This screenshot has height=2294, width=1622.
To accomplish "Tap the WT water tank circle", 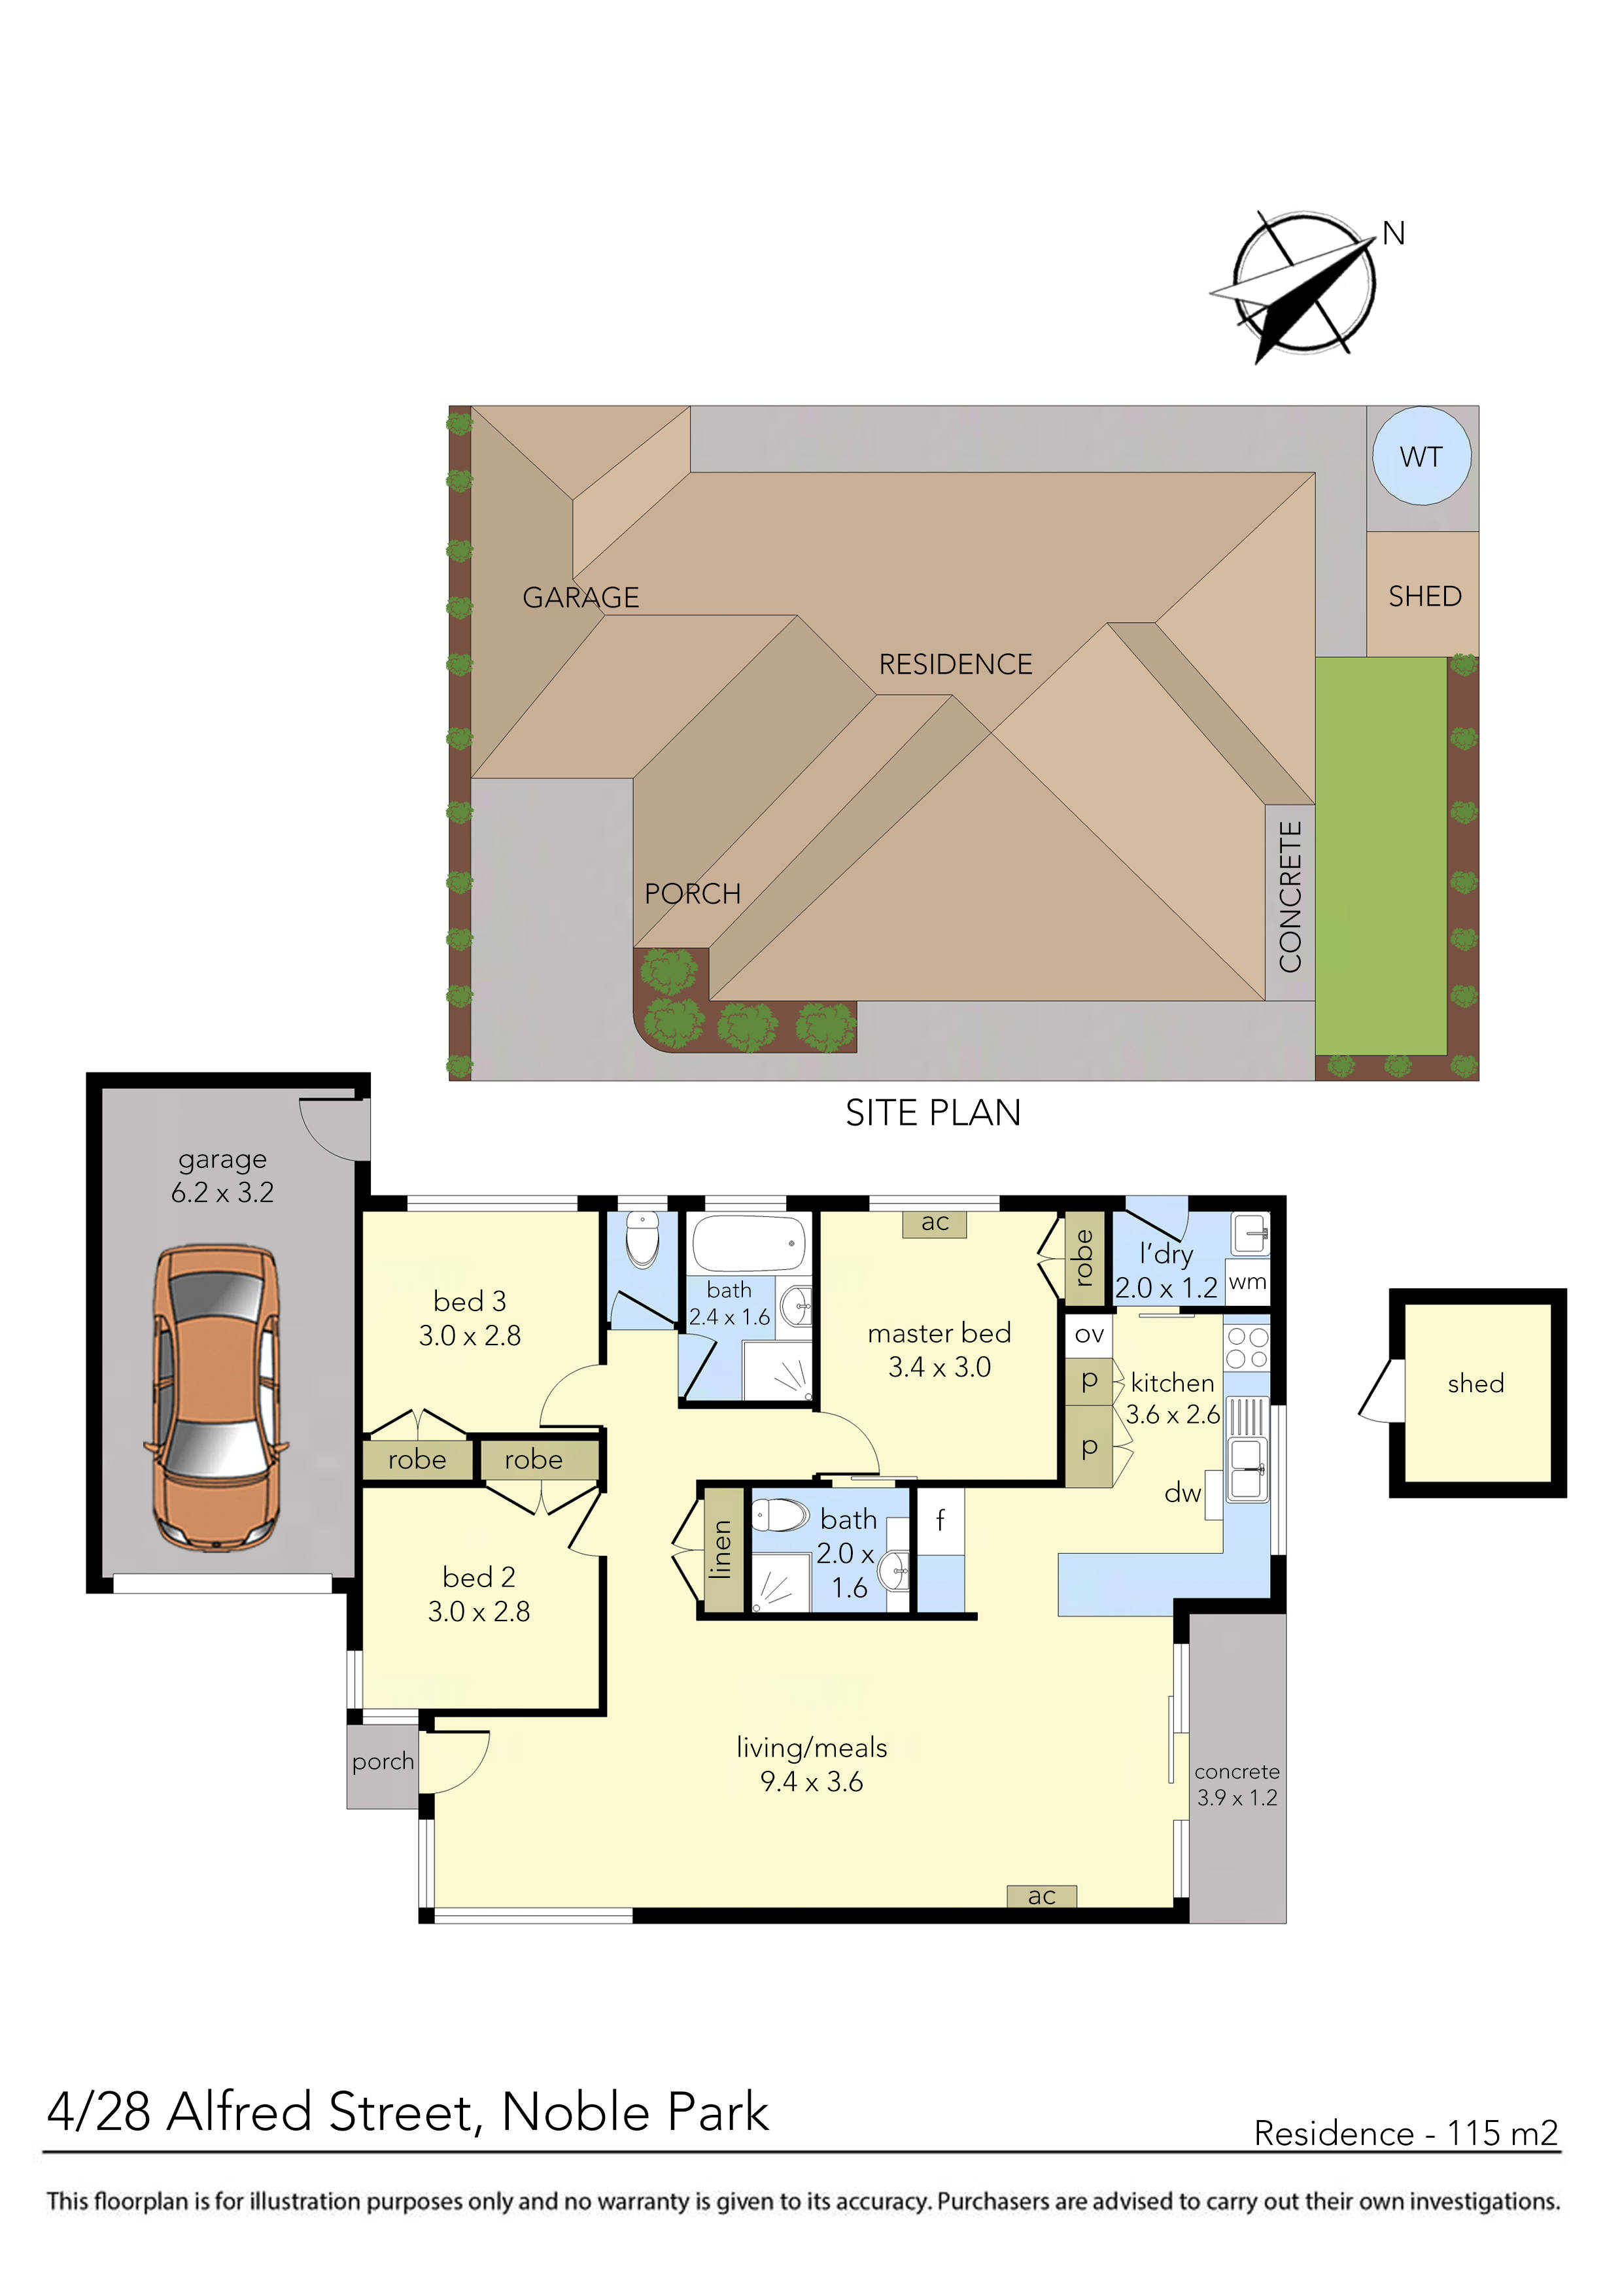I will point(1421,456).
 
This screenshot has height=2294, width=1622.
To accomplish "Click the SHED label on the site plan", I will point(1424,596).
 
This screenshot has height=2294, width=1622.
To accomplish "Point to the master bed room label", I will point(939,1333).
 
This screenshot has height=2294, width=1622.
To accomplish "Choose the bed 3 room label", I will point(470,1301).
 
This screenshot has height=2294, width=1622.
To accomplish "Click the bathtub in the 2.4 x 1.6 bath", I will point(748,1243).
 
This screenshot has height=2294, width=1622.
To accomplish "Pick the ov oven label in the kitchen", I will point(1090,1335).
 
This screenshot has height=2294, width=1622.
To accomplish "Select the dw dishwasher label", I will point(1182,1493).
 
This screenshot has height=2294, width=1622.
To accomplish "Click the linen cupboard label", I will point(721,1550).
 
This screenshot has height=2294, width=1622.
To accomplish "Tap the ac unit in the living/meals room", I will point(1041,1895).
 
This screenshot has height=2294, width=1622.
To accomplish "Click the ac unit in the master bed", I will point(935,1222).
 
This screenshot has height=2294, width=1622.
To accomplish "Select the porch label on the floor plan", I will point(383,1762).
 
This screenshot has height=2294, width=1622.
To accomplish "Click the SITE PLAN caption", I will point(933,1113).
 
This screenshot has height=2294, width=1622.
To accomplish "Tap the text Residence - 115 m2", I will point(1405,2133).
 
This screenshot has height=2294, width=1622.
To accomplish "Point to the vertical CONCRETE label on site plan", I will point(1290,897).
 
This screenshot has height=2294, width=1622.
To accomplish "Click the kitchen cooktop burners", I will point(1247,1347).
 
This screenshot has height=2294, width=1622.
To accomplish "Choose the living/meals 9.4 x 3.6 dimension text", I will point(812,1781).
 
